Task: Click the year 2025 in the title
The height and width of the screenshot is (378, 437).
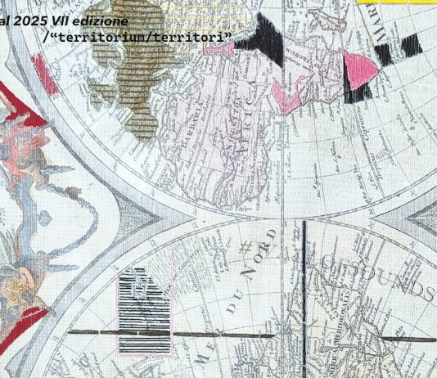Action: click(x=34, y=20)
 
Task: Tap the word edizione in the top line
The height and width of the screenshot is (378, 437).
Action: click(x=101, y=20)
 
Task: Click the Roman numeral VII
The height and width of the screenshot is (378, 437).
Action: click(x=64, y=20)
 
